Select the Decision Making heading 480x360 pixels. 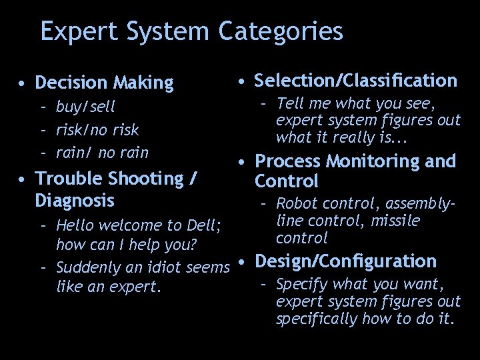tap(103, 83)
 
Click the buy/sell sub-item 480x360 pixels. tap(85, 106)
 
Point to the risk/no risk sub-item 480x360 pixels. tap(97, 129)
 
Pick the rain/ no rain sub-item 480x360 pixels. tap(102, 153)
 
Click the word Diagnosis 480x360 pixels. tap(75, 200)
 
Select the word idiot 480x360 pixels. tap(161, 268)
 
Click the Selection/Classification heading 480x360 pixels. tap(356, 81)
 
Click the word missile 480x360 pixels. tap(395, 221)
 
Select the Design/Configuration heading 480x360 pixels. tap(346, 261)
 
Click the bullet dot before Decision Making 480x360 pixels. tap(23, 84)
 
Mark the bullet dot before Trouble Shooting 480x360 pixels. tap(23, 179)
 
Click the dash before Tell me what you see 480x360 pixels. tap(265, 103)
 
